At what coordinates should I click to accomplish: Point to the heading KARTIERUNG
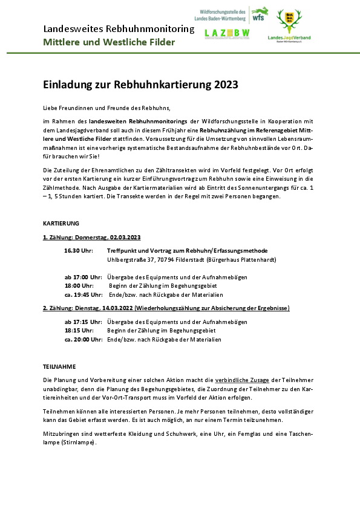pyautogui.click(x=61, y=223)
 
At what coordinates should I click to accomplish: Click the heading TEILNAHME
pyautogui.click(x=59, y=366)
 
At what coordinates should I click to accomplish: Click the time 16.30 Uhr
pyautogui.click(x=78, y=250)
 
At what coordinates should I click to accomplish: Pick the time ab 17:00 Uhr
pyautogui.click(x=83, y=277)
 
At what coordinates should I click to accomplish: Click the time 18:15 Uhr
pyautogui.click(x=79, y=331)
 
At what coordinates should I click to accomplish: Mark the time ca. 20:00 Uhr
pyautogui.click(x=83, y=340)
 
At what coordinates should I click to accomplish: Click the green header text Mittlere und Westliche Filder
pyautogui.click(x=109, y=42)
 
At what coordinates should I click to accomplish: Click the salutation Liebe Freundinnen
pyautogui.click(x=71, y=108)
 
